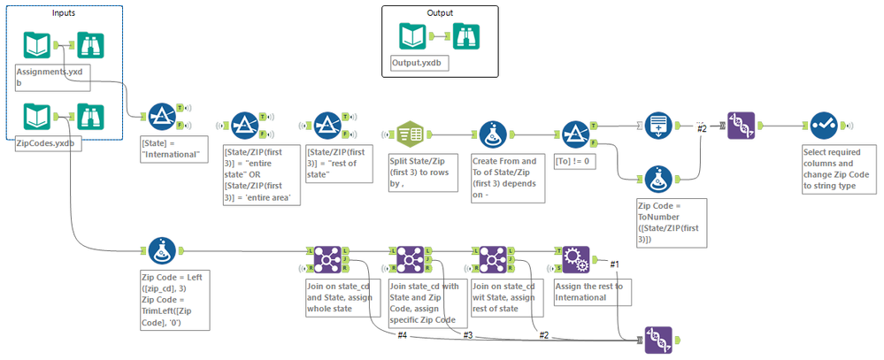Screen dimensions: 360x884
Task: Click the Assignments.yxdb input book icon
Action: [36, 45]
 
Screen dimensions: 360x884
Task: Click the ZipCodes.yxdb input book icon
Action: [36, 117]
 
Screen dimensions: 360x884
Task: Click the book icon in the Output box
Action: [413, 36]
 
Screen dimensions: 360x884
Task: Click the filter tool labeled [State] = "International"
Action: [161, 116]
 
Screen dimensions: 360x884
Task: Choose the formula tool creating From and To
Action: [493, 134]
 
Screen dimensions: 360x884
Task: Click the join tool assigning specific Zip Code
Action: [409, 257]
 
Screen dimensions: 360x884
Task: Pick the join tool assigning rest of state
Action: [493, 257]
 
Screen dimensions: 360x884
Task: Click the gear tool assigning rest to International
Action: [576, 257]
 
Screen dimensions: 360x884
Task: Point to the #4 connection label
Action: [402, 334]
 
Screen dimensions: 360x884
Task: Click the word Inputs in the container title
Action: [63, 11]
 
